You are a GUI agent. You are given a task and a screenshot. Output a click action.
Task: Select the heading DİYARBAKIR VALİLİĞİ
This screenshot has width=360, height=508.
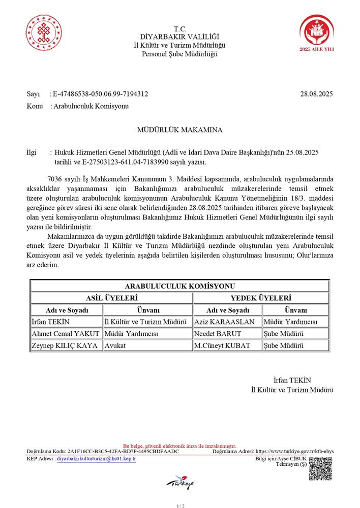[x=179, y=37]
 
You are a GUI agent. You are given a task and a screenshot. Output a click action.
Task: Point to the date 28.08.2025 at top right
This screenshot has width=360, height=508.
[x=316, y=93]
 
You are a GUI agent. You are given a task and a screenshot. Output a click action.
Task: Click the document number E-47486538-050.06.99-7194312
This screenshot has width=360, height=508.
[x=100, y=93]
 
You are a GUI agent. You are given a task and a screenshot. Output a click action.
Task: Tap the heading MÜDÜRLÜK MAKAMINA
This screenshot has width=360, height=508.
[x=179, y=130]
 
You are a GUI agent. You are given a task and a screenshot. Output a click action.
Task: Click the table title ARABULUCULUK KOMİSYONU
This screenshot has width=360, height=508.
[x=179, y=286]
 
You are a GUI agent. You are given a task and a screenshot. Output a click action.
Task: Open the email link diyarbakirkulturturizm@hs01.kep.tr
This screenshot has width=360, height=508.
[x=96, y=458]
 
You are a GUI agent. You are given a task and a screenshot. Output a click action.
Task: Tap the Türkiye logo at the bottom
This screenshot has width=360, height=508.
[x=179, y=482]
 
